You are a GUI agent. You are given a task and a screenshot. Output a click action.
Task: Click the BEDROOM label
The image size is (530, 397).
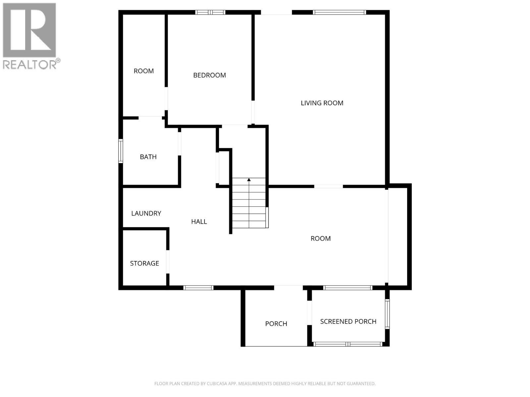[209, 75]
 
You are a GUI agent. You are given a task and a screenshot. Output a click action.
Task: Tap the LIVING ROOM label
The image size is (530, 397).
[322, 103]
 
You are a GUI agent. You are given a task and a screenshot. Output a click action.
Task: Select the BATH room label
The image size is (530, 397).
[148, 157]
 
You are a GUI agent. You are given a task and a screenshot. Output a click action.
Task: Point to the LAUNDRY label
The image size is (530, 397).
[146, 213]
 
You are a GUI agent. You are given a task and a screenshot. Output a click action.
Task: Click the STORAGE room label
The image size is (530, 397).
[144, 263]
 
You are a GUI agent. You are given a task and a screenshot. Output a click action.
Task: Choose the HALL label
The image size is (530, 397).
[199, 222]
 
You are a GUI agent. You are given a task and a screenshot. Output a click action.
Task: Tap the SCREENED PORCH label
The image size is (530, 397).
[348, 321]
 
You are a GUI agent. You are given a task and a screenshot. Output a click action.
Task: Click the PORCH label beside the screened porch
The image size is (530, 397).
[276, 324]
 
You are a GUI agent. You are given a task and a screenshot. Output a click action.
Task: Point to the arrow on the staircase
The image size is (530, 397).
[249, 180]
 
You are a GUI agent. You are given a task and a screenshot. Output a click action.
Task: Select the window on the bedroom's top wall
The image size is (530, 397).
[210, 13]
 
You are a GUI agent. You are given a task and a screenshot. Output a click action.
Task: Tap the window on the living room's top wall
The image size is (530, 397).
[340, 13]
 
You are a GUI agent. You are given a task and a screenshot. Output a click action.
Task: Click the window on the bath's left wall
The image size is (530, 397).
[121, 151]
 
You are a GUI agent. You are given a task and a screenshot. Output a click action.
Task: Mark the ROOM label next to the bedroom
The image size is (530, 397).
[143, 71]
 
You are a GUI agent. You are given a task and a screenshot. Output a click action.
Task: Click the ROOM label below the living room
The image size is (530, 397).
[320, 239]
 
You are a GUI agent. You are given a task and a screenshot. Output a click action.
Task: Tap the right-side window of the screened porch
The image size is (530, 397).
[387, 314]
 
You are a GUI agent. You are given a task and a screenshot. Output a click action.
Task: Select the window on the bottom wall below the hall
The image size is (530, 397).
[198, 288]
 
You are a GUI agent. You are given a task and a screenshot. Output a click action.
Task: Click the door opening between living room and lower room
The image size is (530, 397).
[328, 187]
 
